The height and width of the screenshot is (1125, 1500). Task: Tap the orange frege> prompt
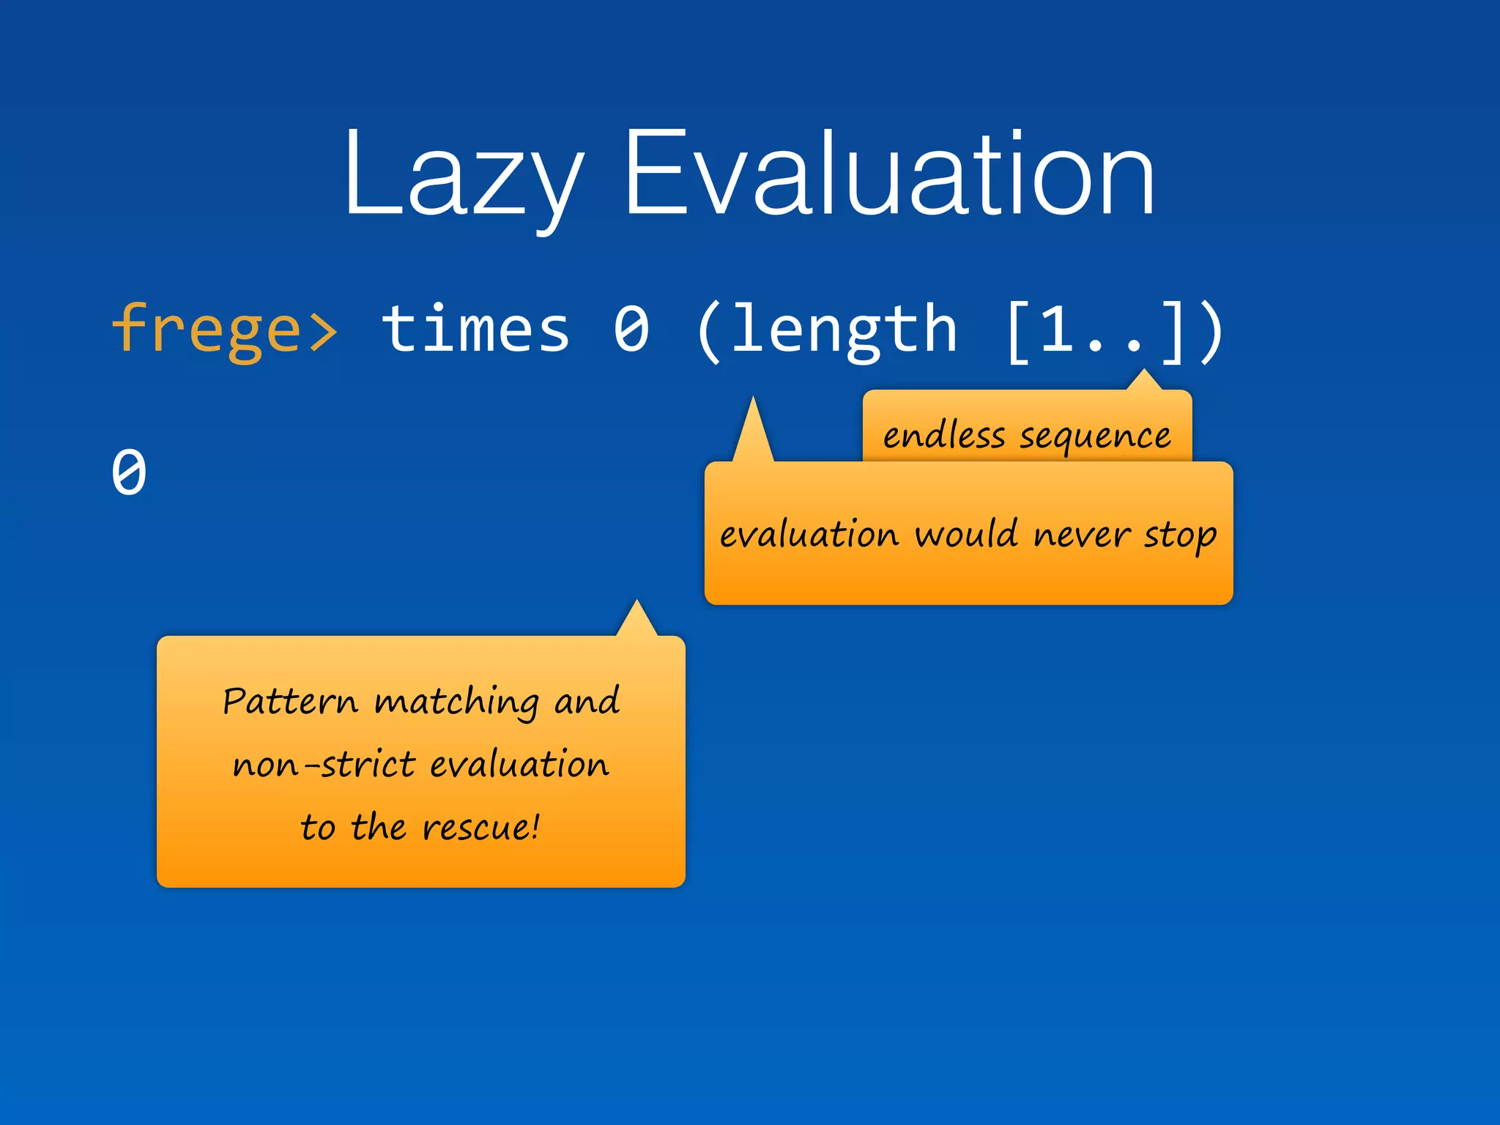coord(224,330)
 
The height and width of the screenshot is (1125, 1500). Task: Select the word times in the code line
coord(475,330)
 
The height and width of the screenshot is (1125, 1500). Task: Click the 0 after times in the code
coord(631,330)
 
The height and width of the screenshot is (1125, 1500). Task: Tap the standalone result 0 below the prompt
coord(129,472)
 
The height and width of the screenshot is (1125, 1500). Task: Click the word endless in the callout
coord(943,436)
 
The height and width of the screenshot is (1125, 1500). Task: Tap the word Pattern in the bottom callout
coord(290,701)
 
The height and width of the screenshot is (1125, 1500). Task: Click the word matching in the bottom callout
coord(456,702)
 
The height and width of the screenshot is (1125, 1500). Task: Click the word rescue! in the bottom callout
coord(481,828)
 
